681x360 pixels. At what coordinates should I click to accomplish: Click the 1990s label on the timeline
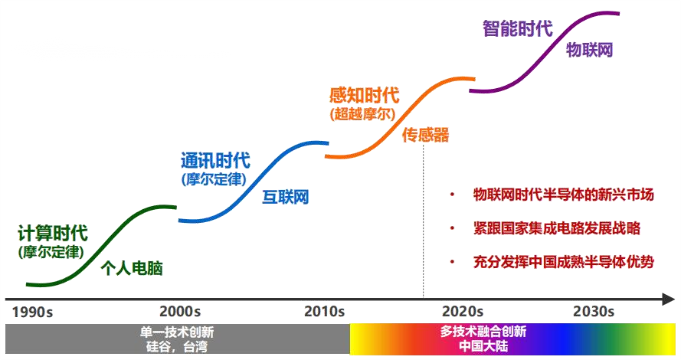[33, 312]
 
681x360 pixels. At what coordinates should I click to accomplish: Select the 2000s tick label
[180, 312]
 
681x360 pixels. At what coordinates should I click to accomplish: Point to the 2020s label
[463, 312]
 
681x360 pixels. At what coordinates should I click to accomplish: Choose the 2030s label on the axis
[594, 312]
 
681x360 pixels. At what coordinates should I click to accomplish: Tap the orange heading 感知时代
[364, 96]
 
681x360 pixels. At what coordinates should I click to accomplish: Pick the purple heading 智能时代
[517, 29]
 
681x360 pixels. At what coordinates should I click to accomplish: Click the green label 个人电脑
[132, 269]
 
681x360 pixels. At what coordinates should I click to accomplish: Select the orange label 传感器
[425, 136]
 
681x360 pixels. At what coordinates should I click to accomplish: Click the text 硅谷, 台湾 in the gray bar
[177, 346]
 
